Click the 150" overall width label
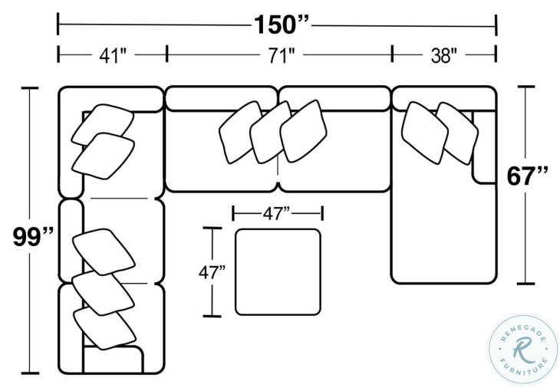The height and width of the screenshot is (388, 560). pyautogui.click(x=281, y=25)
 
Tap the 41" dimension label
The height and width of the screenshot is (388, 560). pyautogui.click(x=113, y=55)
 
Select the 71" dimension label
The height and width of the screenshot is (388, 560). pyautogui.click(x=282, y=55)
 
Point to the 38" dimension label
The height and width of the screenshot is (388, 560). pyautogui.click(x=443, y=55)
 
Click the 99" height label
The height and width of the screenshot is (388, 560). pyautogui.click(x=33, y=237)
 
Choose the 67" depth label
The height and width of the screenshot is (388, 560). pyautogui.click(x=527, y=176)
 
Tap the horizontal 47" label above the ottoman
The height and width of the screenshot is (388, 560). pyautogui.click(x=276, y=213)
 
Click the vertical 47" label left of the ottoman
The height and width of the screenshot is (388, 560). pyautogui.click(x=212, y=272)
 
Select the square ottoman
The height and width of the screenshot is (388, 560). pyautogui.click(x=278, y=272)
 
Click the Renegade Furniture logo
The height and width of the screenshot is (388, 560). pyautogui.click(x=522, y=350)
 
